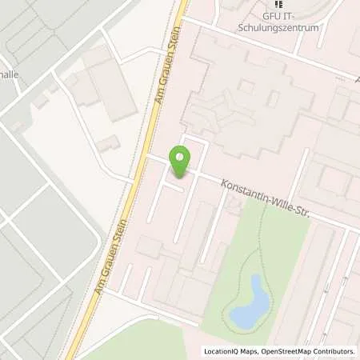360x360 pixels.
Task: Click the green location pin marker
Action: tap(181, 162)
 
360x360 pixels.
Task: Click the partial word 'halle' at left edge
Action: tap(10, 74)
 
